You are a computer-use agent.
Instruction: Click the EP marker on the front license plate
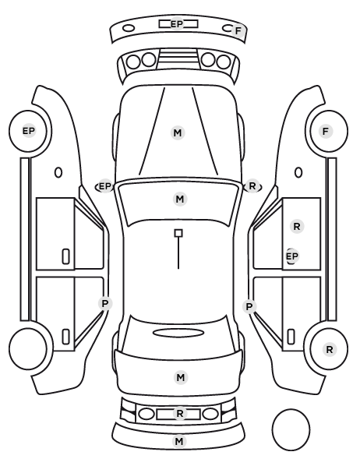(x=177, y=24)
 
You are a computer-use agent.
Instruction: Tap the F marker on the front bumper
(x=238, y=30)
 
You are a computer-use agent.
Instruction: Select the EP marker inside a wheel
(x=29, y=131)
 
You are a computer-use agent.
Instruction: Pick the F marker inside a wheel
(x=326, y=131)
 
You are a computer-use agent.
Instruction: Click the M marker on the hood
(x=178, y=132)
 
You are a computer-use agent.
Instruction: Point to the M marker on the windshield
(x=180, y=199)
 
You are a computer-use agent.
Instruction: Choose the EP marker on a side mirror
(x=104, y=186)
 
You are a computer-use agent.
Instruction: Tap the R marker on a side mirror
(x=252, y=186)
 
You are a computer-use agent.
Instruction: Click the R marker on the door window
(x=297, y=227)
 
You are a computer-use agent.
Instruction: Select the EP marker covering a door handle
(x=291, y=256)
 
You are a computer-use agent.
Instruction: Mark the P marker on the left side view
(x=105, y=304)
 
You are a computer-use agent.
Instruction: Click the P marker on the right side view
(x=249, y=306)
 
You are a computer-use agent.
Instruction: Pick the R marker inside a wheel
(x=329, y=349)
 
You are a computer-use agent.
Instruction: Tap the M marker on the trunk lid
(x=181, y=377)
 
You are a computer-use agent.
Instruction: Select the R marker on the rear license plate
(x=179, y=413)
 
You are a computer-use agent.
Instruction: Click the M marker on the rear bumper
(x=179, y=441)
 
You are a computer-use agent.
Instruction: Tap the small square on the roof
(x=178, y=233)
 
